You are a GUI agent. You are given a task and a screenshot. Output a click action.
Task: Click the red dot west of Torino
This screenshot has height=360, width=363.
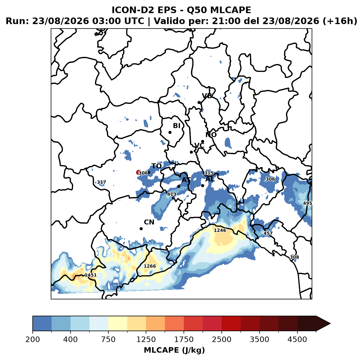click(138, 172)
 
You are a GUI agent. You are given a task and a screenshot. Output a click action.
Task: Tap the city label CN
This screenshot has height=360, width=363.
click(149, 222)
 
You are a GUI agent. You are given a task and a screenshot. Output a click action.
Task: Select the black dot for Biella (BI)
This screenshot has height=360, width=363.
click(170, 133)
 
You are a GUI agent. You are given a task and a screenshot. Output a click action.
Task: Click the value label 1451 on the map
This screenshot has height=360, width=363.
click(91, 275)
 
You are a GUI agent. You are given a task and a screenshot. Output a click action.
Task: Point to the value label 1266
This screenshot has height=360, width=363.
click(150, 266)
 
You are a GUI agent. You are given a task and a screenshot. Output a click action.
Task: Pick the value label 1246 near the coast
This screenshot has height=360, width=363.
click(220, 230)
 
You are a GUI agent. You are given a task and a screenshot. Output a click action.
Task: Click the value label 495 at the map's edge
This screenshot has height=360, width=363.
click(307, 203)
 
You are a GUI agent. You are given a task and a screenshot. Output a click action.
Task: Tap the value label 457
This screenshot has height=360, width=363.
click(268, 233)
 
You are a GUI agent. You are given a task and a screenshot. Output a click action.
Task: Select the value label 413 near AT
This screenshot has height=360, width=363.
click(171, 194)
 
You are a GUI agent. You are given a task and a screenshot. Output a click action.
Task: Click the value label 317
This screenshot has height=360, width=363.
click(102, 182)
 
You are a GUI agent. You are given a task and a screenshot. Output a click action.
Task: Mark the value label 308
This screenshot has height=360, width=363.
click(294, 257)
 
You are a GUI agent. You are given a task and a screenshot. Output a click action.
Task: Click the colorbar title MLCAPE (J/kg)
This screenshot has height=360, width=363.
click(174, 350)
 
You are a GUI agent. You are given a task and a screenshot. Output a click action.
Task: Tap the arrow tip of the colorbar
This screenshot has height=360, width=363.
click(330, 324)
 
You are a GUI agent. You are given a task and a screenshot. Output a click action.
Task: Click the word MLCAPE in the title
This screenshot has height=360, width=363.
click(230, 10)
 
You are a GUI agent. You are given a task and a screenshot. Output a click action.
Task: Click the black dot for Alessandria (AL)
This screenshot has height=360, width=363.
click(202, 185)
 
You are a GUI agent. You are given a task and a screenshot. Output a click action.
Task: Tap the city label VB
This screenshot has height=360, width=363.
click(207, 96)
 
